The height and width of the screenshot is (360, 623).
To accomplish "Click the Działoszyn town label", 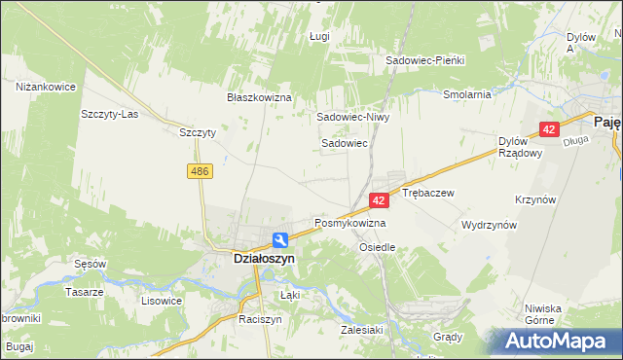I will click(251, 260).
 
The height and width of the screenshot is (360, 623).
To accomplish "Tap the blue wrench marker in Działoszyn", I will click(279, 239).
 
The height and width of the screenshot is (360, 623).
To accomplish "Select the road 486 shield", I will click(200, 171).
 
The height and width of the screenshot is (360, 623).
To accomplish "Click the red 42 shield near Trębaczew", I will click(380, 199).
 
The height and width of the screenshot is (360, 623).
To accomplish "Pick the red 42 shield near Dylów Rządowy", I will click(550, 129).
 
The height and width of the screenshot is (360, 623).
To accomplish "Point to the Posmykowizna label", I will click(349, 223).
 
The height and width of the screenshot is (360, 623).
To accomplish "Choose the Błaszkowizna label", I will click(260, 98).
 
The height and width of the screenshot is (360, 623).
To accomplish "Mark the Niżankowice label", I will click(46, 87).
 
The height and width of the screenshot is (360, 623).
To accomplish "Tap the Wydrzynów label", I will click(490, 225).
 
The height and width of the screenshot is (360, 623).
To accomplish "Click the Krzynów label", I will click(535, 199).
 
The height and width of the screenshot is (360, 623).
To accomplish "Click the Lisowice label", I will click(162, 301).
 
